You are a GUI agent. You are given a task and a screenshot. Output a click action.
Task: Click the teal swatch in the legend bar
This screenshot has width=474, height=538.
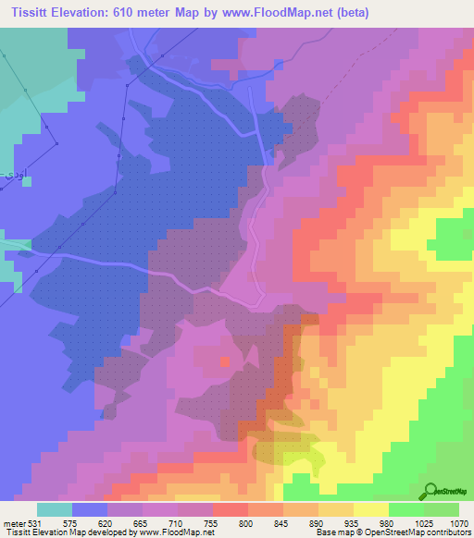click(55, 509)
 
